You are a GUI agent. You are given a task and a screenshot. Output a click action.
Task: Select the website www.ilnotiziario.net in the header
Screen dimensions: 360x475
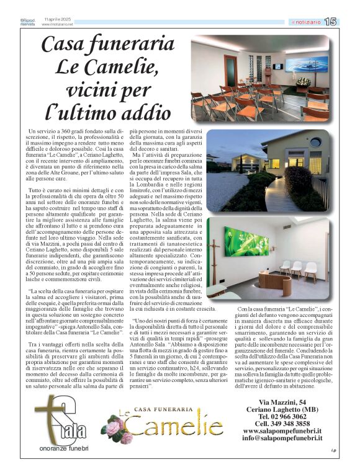pos(58,25)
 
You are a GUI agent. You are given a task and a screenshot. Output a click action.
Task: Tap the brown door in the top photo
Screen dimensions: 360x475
pos(230,69)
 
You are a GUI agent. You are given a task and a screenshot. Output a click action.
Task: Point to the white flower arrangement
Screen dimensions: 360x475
pos(303,81)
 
